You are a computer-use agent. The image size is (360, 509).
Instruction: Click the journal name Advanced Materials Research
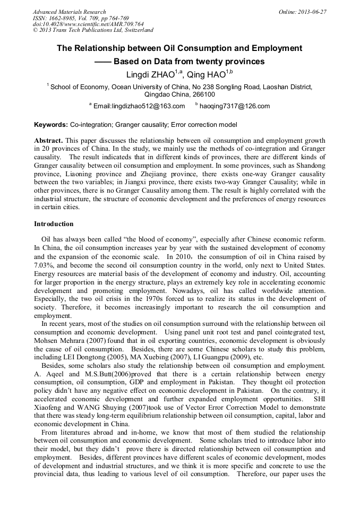pyautogui.click(x=69, y=12)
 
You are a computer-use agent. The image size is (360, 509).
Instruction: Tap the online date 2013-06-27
pyautogui.click(x=312, y=12)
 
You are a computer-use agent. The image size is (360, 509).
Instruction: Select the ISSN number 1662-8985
pyautogui.click(x=64, y=18)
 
